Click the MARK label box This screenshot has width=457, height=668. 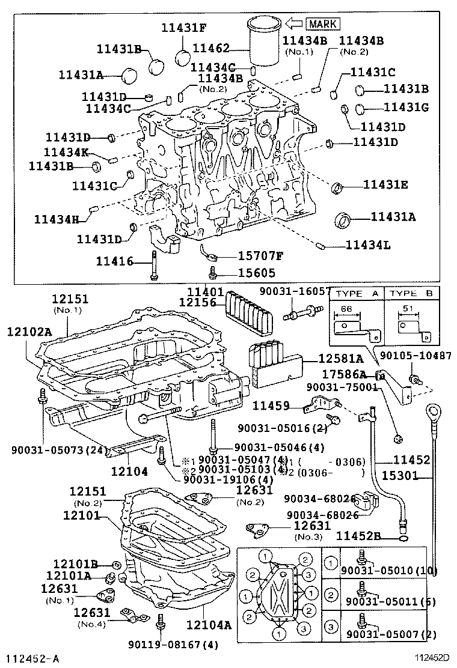(x=323, y=24)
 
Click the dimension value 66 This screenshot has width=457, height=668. (x=346, y=308)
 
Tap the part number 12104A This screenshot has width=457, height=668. (x=208, y=625)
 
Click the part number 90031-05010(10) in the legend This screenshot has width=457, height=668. (x=389, y=569)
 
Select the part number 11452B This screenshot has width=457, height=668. (x=358, y=536)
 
